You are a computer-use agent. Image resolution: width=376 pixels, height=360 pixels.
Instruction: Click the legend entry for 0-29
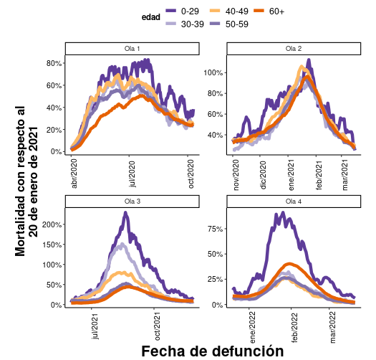[190, 11]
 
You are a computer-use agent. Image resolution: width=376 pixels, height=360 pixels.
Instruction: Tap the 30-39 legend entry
[190, 24]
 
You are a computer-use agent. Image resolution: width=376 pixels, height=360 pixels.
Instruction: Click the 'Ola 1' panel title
[132, 49]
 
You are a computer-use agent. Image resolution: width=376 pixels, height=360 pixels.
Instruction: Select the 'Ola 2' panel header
[294, 49]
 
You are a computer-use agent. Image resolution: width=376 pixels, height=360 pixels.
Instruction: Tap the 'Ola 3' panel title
[132, 202]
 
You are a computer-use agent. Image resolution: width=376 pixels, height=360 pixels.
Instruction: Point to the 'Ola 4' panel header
[294, 202]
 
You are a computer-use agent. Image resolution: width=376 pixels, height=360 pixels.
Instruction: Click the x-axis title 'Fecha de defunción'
[212, 350]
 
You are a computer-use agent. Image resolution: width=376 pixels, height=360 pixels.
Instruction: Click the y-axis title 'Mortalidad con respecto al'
[20, 179]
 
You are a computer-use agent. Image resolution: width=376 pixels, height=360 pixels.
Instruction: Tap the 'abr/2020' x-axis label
[74, 174]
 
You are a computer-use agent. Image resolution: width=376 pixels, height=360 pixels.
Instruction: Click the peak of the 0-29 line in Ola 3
[126, 212]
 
